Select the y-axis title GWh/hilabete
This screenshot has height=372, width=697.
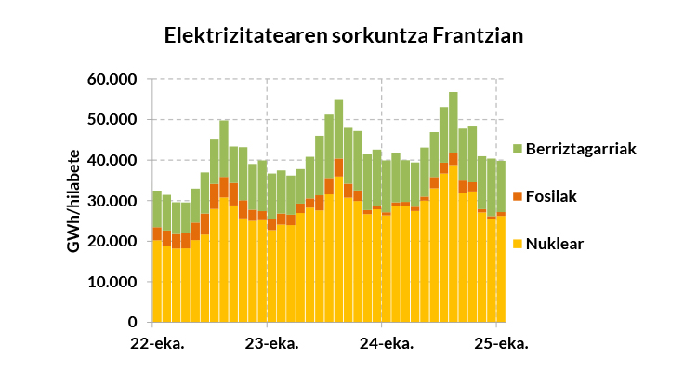point(72,201)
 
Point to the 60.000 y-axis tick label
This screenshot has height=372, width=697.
point(113,80)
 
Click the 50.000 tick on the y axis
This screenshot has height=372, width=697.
point(113,120)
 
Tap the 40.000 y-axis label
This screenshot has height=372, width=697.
point(113,161)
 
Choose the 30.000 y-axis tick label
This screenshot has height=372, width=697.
point(113,201)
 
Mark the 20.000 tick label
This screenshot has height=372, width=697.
point(113,242)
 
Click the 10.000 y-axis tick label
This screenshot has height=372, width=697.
point(113,282)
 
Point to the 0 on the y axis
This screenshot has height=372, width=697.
point(133,323)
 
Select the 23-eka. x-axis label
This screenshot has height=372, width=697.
point(270,343)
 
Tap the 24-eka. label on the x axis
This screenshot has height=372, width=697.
point(385,343)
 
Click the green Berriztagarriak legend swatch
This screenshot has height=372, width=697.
point(518,149)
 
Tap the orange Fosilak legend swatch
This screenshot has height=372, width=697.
point(518,196)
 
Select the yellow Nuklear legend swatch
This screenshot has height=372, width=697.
point(518,244)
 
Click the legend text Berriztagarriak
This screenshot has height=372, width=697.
point(581,149)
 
